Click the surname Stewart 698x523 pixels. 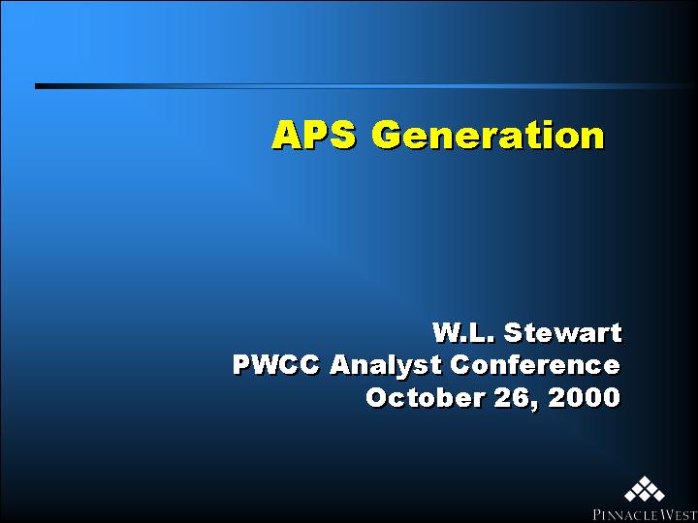[x=562, y=332]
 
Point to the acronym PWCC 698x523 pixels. [x=276, y=365]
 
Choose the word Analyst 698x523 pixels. [x=385, y=366]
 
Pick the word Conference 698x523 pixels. [x=535, y=365]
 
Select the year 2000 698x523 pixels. [x=584, y=398]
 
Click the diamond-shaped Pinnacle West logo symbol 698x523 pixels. [x=645, y=489]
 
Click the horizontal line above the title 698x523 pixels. [x=365, y=86]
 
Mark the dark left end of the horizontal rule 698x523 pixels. [x=36, y=86]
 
